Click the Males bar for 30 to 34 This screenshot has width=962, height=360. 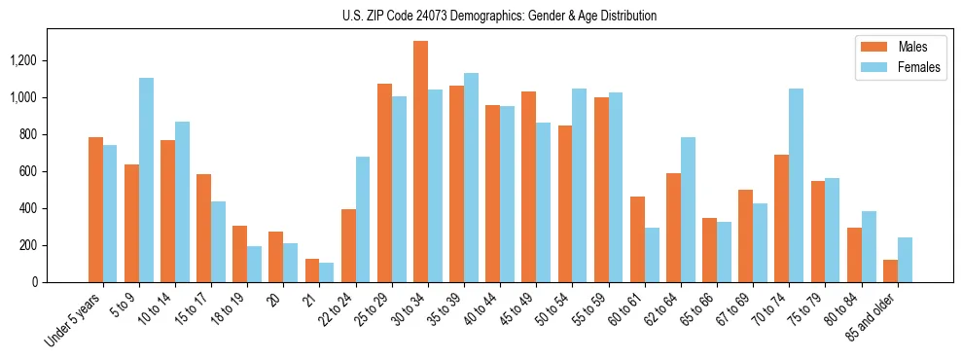tap(420, 162)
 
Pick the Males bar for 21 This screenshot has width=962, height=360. tap(312, 270)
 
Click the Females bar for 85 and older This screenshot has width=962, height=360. tap(905, 260)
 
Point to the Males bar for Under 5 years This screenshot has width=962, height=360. tap(95, 209)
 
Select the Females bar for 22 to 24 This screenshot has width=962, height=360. tap(363, 219)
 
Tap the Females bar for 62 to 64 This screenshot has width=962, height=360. tap(688, 209)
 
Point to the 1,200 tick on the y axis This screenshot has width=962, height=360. tap(50, 60)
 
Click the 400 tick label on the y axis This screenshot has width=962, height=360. tap(54, 208)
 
